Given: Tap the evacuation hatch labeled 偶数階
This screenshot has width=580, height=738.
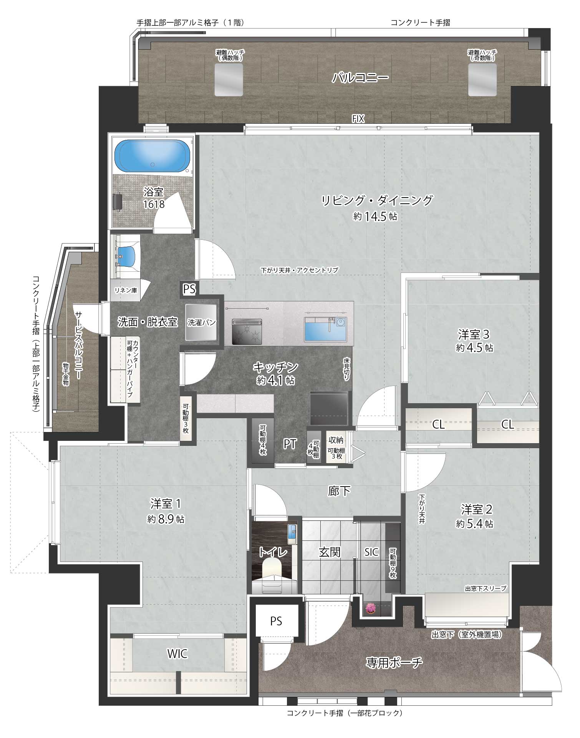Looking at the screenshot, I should tap(229, 80).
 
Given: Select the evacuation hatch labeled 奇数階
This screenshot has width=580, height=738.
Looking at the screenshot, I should tap(482, 80).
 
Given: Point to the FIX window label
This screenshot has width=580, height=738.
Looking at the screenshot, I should tap(358, 120).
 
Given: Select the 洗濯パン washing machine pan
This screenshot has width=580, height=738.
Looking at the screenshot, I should tap(201, 322).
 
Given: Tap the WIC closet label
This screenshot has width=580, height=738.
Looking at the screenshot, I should tap(177, 653).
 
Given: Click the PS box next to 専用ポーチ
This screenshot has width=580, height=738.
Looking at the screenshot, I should tap(276, 621).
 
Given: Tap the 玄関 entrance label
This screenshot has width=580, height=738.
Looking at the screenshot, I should tap(330, 553).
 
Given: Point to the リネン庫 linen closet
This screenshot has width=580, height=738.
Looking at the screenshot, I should tap(126, 291).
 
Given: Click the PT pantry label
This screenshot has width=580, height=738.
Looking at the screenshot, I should tap(290, 444).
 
